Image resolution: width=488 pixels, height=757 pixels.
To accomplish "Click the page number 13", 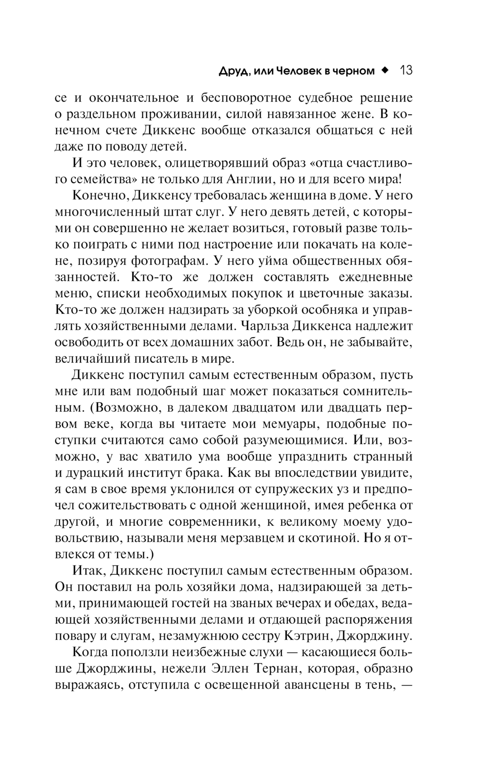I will [x=406, y=70].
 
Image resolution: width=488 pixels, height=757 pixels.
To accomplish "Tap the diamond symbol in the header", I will [x=385, y=70].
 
